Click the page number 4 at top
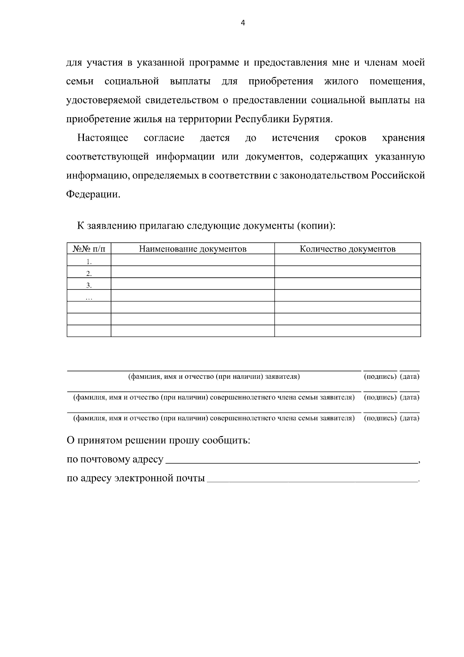[x=243, y=23]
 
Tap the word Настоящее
[x=102, y=138]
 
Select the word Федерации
[x=93, y=194]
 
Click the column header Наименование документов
[x=193, y=249]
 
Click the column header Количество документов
[x=347, y=249]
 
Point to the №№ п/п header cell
[x=89, y=249]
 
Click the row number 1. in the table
[x=89, y=261]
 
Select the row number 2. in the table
[x=89, y=273]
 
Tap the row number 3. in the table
[x=89, y=285]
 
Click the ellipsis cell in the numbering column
[x=89, y=297]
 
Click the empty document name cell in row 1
[x=193, y=260]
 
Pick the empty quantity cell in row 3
[x=347, y=284]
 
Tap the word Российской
[x=398, y=176]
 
